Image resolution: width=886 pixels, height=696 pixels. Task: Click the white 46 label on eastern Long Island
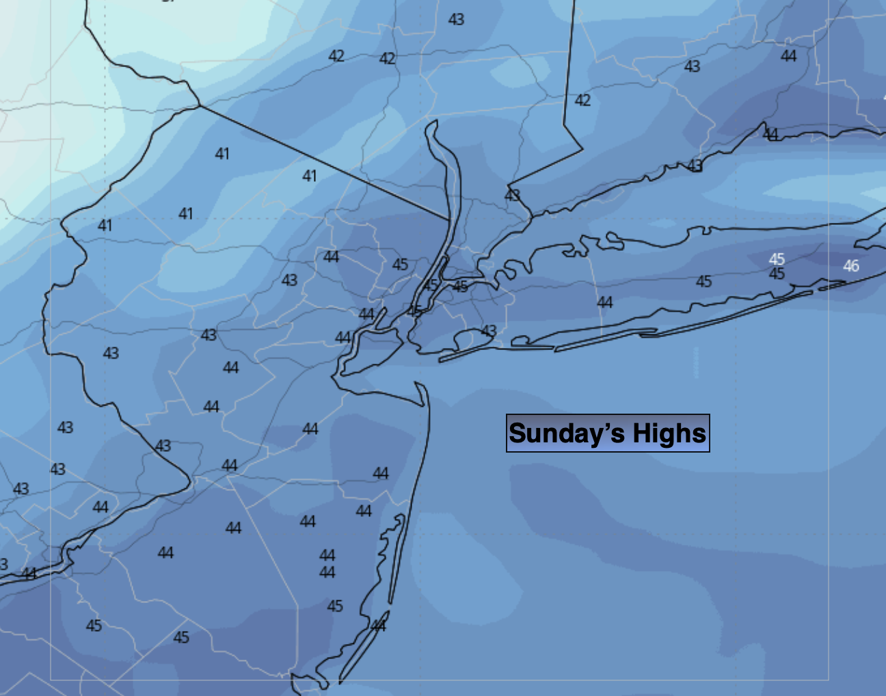(x=850, y=266)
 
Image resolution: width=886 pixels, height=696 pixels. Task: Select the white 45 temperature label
(x=777, y=259)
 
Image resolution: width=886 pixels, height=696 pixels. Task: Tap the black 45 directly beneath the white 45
(x=777, y=274)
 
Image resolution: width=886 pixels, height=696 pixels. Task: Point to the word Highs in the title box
(x=669, y=433)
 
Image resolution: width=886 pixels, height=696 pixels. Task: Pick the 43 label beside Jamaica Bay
(x=489, y=331)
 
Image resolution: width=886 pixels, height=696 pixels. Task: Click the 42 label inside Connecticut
(x=582, y=101)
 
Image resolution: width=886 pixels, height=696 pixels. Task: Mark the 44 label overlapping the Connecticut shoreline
(x=770, y=134)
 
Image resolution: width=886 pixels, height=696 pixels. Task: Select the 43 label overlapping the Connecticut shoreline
(x=695, y=165)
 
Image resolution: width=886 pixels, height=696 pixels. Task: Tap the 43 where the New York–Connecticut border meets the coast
(x=512, y=196)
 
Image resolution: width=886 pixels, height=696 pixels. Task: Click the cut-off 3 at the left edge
(x=3, y=564)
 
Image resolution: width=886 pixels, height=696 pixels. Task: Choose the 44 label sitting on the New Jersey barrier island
(x=378, y=626)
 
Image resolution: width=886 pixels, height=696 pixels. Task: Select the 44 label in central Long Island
(x=605, y=302)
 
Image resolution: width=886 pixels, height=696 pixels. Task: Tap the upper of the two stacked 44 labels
(x=327, y=555)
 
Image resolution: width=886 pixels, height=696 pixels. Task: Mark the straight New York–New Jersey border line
(x=321, y=161)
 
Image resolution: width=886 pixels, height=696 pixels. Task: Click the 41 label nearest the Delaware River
(x=105, y=225)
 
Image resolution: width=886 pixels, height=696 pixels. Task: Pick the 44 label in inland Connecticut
(x=788, y=56)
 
